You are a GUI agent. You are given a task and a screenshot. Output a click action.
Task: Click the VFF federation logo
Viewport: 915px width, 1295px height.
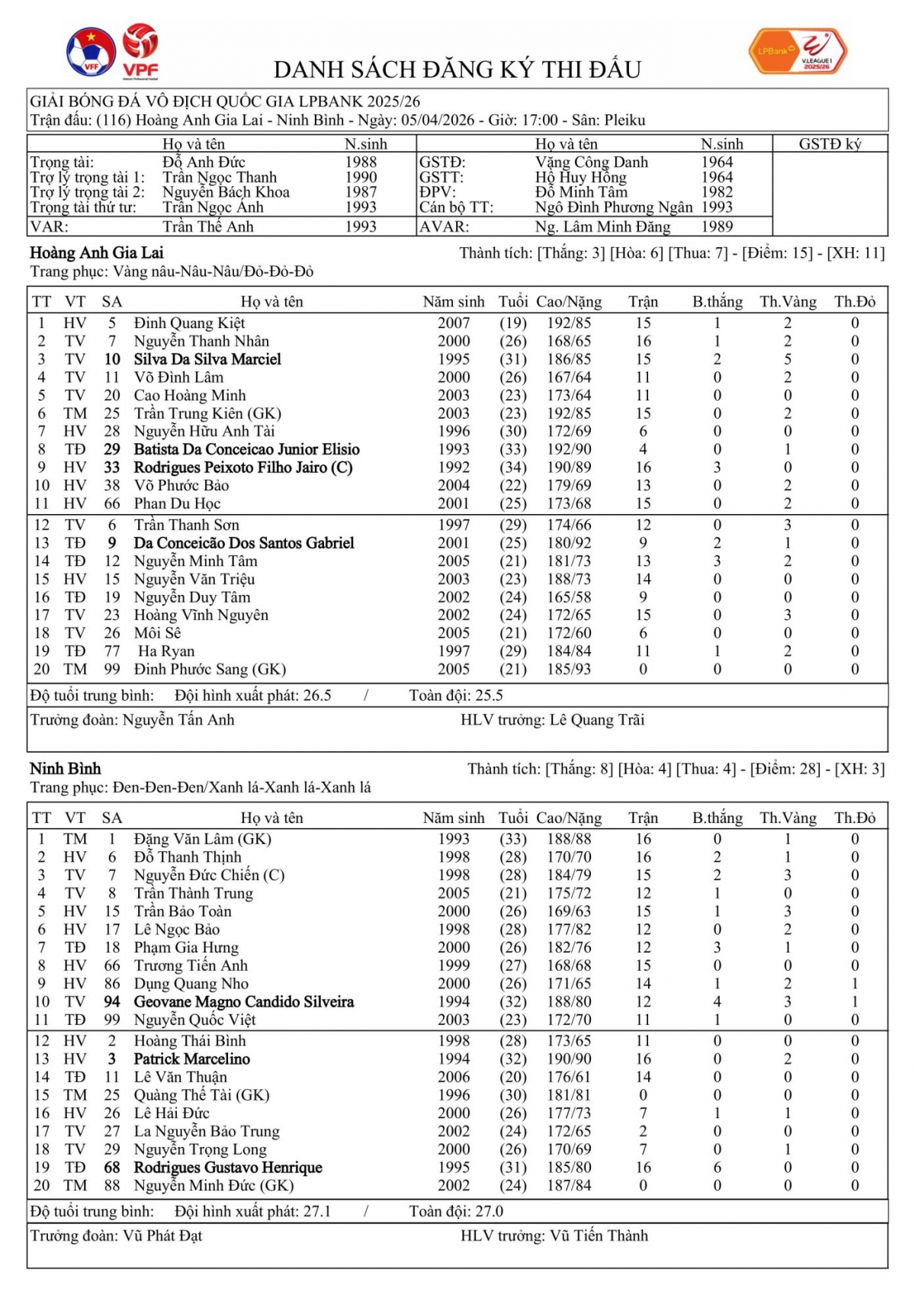[91, 52]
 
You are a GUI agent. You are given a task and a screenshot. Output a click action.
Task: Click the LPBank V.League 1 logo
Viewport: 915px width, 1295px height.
[798, 51]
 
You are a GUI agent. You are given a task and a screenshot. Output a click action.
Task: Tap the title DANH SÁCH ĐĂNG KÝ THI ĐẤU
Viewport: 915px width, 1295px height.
[457, 70]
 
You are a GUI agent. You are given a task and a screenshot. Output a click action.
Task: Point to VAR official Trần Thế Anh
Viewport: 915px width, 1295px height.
[207, 227]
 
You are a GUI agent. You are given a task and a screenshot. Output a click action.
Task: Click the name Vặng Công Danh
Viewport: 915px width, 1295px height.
[591, 162]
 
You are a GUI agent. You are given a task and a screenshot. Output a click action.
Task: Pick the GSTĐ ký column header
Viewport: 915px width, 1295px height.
[830, 144]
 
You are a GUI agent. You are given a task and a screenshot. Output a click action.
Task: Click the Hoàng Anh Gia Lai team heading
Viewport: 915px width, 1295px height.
[97, 253]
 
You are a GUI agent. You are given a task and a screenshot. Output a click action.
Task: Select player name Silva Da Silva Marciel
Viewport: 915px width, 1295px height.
[207, 359]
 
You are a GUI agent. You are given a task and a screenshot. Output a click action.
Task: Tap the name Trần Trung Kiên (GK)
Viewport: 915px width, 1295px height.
[207, 413]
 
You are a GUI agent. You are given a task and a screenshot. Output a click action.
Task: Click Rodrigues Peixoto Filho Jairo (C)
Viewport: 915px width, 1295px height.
[243, 468]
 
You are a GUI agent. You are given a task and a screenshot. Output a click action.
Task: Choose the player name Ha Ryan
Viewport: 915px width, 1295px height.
[166, 651]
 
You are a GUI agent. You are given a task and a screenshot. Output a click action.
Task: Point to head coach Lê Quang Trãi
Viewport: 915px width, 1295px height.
[597, 720]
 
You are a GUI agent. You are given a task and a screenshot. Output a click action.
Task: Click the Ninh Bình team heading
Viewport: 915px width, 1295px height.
[66, 769]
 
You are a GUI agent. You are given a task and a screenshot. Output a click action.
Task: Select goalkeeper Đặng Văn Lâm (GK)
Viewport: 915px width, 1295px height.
[203, 839]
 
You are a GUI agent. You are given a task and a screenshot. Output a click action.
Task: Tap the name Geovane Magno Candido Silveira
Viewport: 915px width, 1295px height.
[244, 1002]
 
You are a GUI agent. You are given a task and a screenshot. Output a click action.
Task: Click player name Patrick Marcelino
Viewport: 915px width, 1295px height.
[192, 1059]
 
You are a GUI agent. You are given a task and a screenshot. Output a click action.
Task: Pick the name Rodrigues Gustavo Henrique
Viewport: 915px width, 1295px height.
[228, 1168]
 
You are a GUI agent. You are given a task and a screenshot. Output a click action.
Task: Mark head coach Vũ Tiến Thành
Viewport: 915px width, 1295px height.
[599, 1236]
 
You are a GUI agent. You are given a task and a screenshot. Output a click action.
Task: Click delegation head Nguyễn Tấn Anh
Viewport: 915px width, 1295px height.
[178, 720]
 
